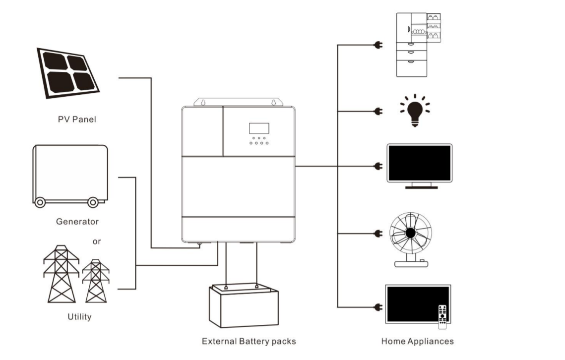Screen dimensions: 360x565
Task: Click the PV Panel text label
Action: (76, 120)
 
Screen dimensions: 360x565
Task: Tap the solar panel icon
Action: (68, 72)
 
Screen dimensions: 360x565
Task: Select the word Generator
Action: (77, 222)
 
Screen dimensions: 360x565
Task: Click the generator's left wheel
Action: (40, 202)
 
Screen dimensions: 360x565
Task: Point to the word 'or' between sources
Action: (97, 241)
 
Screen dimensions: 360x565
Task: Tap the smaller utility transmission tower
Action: (96, 281)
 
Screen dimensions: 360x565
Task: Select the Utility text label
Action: (79, 316)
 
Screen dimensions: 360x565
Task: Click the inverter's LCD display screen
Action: (259, 128)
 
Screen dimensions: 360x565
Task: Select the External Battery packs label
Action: (249, 341)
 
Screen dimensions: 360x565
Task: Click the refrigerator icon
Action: (418, 45)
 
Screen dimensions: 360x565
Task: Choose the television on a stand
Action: (419, 166)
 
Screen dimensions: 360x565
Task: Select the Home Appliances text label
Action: (417, 341)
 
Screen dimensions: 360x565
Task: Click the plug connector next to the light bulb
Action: (378, 111)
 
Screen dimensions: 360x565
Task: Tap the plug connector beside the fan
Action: (378, 233)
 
